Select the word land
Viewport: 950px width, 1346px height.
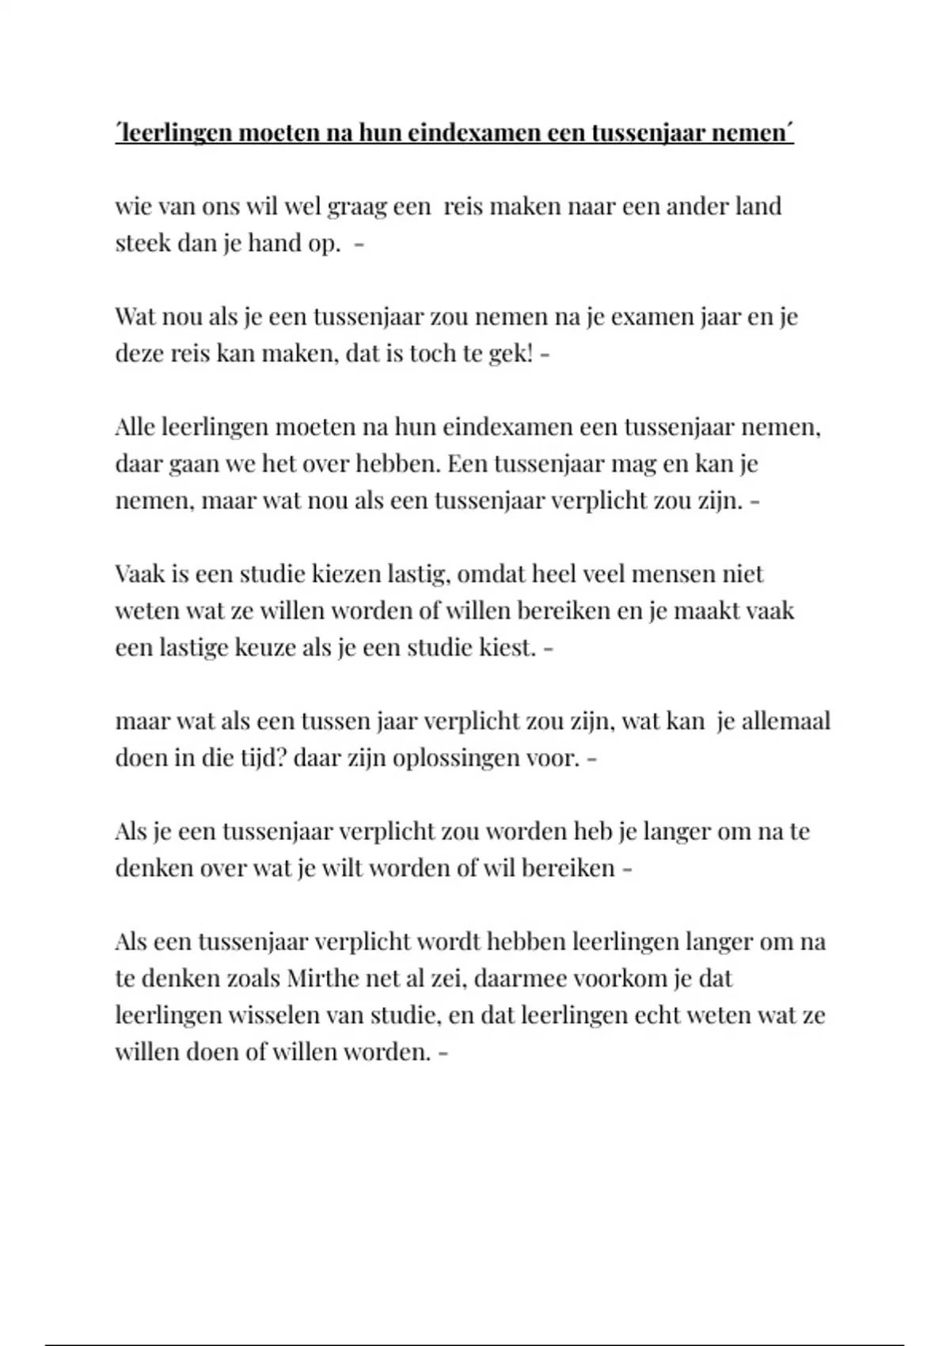[x=758, y=206]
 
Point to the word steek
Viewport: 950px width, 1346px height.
[x=142, y=242]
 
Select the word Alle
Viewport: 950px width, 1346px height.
[x=135, y=427]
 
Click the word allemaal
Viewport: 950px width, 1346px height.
[x=785, y=721]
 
